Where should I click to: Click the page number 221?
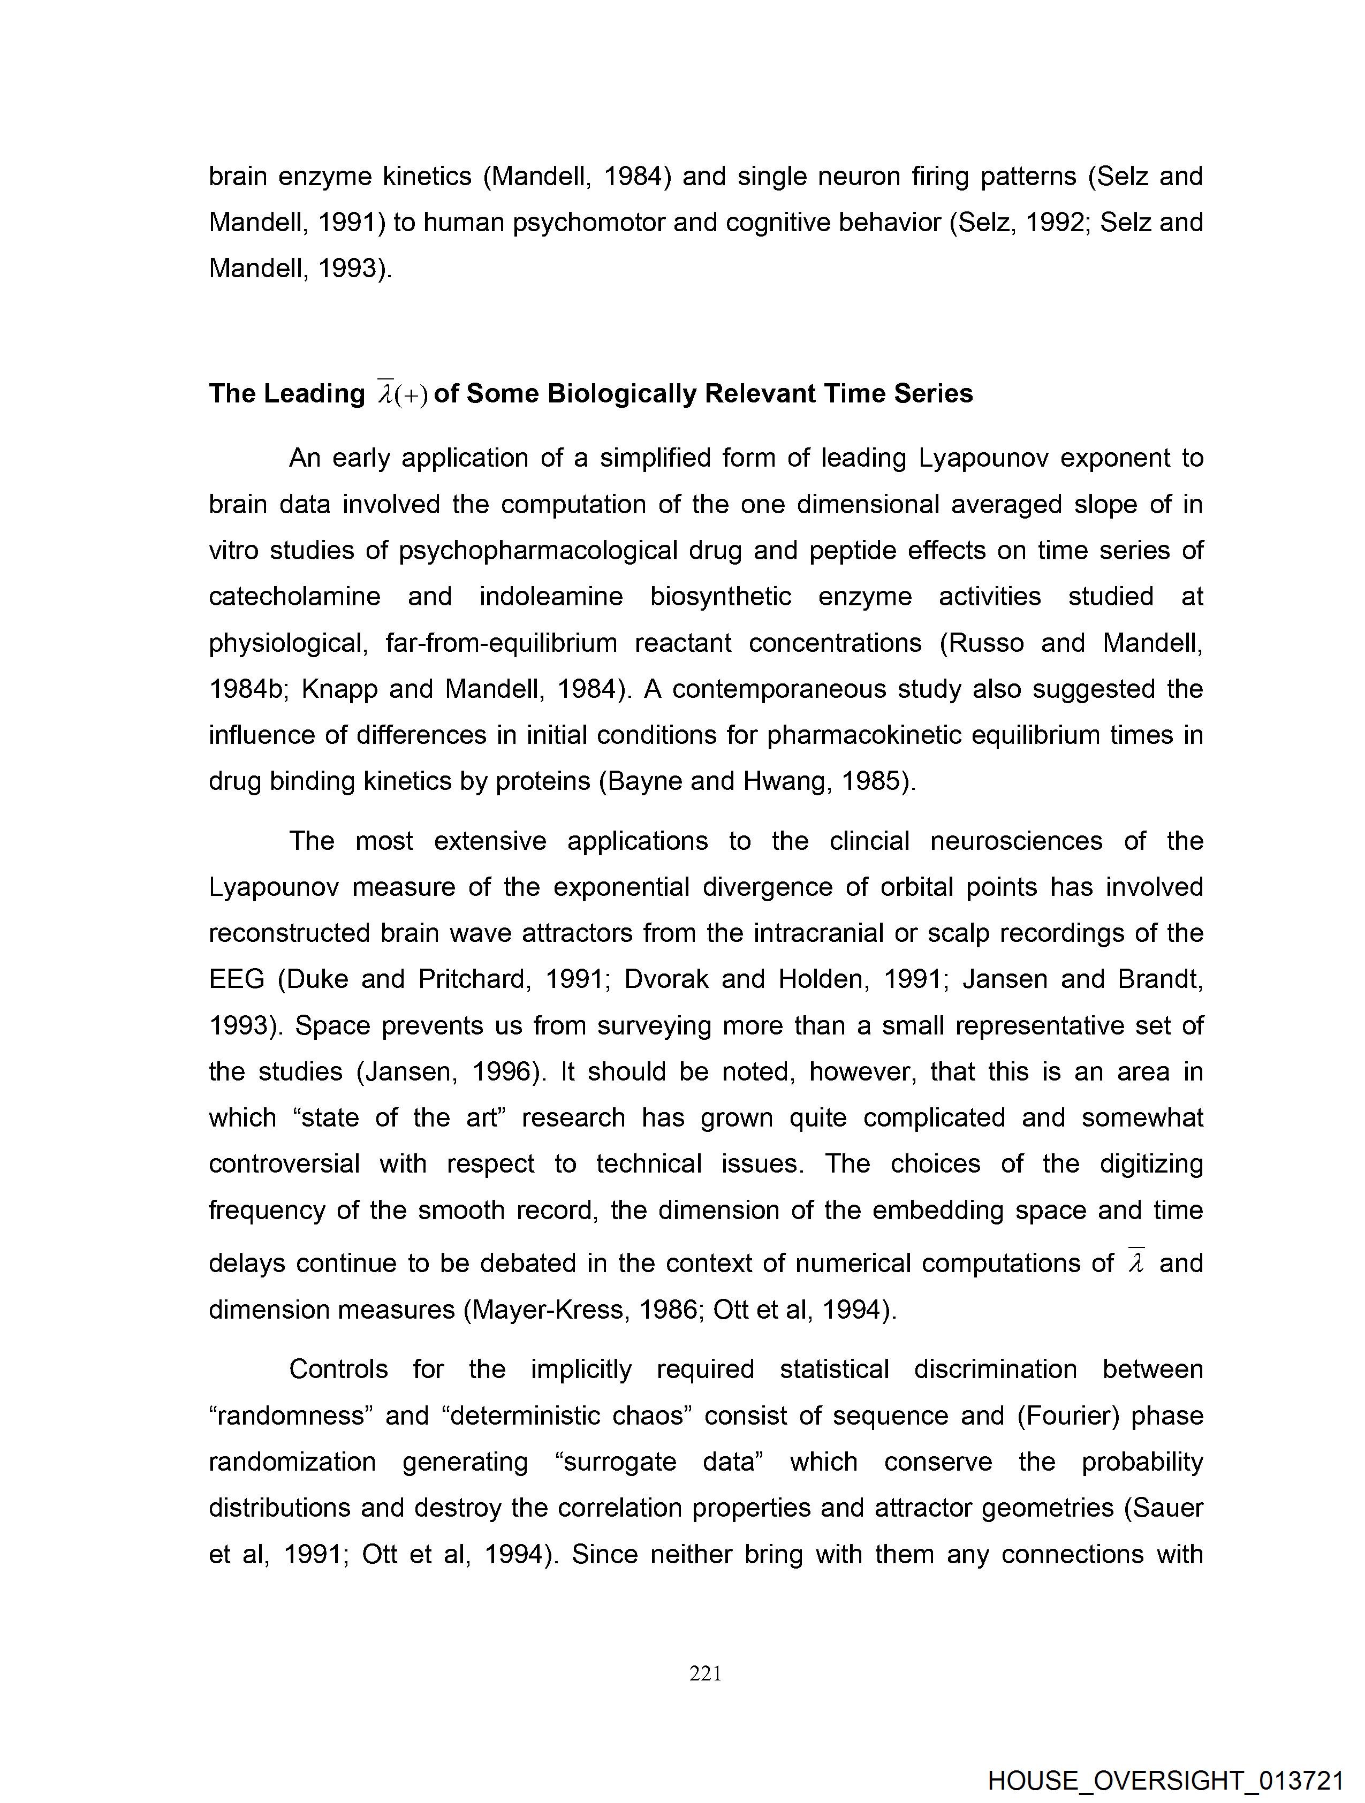[x=706, y=1673]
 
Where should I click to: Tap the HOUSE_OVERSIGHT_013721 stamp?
[x=1165, y=1779]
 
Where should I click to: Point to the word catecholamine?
[x=294, y=597]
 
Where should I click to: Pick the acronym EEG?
[x=237, y=978]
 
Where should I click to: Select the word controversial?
[x=284, y=1163]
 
